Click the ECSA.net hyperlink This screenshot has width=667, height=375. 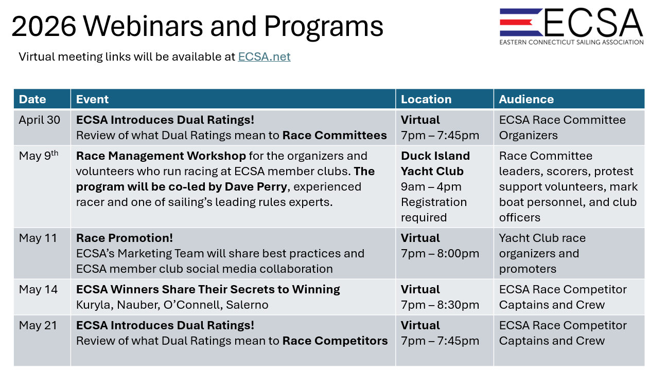pos(264,57)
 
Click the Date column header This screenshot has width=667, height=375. pos(32,99)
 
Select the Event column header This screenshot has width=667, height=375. pos(92,99)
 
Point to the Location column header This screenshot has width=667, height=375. pos(426,99)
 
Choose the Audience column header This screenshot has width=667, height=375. pos(526,99)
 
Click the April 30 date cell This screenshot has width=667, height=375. pos(39,120)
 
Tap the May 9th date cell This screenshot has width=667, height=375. pos(39,156)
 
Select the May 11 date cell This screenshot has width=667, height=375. pos(38,238)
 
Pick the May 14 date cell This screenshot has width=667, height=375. pos(38,290)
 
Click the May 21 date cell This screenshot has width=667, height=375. pos(38,326)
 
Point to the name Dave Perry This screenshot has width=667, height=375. pos(256,187)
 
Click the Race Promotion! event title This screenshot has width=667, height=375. pos(125,238)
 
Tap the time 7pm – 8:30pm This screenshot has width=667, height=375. pos(440,305)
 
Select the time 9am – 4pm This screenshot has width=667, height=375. pos(431,187)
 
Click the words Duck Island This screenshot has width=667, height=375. pos(435,156)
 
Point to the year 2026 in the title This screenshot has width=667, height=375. pos(44,26)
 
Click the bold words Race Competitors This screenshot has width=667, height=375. pos(335,341)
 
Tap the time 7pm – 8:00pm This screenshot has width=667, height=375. pos(440,254)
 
